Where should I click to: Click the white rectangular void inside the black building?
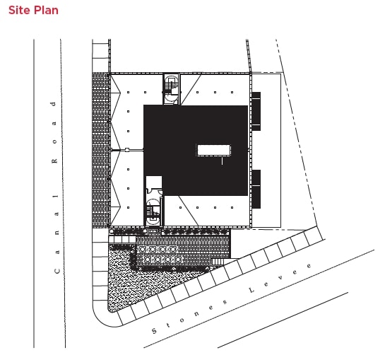(x=213, y=150)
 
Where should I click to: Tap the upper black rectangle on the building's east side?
(x=256, y=112)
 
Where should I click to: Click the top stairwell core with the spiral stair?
(x=171, y=89)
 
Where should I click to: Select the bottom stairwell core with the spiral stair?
(x=153, y=212)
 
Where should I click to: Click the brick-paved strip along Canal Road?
(x=100, y=152)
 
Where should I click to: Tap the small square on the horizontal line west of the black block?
(x=126, y=151)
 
